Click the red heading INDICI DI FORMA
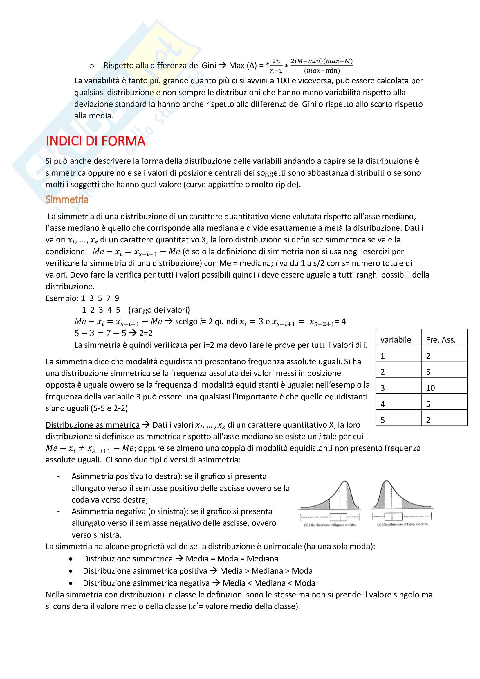tap(95, 141)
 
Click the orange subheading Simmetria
tap(67, 200)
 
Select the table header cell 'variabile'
tap(396, 340)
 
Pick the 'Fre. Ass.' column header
tap(441, 340)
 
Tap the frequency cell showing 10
tap(430, 388)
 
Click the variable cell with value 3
tap(382, 388)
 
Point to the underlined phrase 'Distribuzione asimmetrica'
tap(93, 425)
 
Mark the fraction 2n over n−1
tap(276, 66)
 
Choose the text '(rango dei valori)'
tap(159, 310)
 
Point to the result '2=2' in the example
tap(146, 333)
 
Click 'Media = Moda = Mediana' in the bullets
tap(232, 559)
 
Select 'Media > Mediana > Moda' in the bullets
tap(266, 571)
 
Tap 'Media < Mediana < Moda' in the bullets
tap(269, 583)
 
